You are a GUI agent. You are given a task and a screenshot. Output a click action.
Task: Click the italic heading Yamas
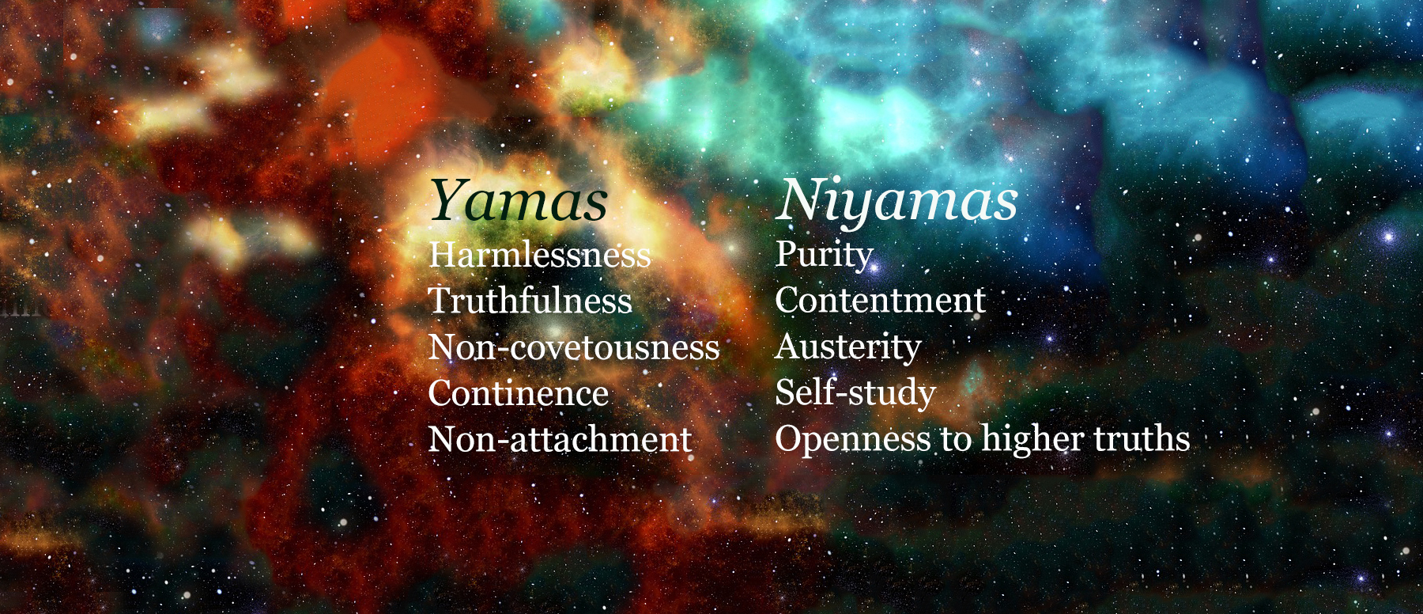point(519,201)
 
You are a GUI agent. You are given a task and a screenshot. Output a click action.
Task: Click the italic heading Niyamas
point(896,201)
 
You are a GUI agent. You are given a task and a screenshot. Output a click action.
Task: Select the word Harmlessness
point(540,256)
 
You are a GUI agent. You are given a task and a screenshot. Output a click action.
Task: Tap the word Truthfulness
point(530,301)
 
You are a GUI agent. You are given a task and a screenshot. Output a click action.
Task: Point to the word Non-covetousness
point(574,347)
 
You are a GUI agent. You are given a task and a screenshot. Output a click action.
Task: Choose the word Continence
point(519,393)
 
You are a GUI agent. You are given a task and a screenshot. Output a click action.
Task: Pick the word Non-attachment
point(560,439)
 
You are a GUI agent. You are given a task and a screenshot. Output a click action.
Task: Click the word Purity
point(824,255)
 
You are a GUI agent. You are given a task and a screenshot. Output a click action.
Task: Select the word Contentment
point(880,301)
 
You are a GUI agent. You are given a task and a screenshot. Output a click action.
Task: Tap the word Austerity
point(848,347)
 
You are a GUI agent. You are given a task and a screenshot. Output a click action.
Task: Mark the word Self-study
point(855,392)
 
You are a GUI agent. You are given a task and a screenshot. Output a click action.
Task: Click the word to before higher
point(956,439)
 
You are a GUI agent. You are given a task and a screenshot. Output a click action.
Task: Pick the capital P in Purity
point(786,254)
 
